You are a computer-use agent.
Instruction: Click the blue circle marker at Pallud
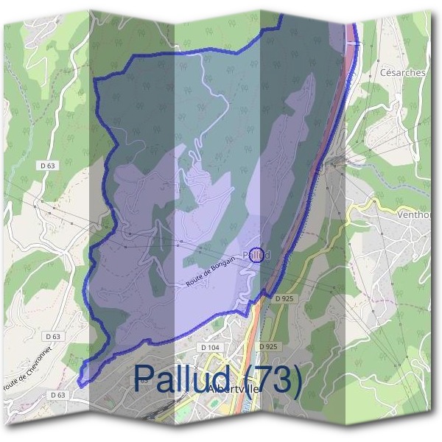256,254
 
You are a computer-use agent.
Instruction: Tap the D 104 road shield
210,346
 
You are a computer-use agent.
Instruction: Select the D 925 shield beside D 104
268,346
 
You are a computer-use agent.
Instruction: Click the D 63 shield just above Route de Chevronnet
52,336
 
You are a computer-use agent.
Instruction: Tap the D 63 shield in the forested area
46,166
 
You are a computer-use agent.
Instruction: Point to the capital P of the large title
144,378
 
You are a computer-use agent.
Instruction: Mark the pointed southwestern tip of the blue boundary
80,382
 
